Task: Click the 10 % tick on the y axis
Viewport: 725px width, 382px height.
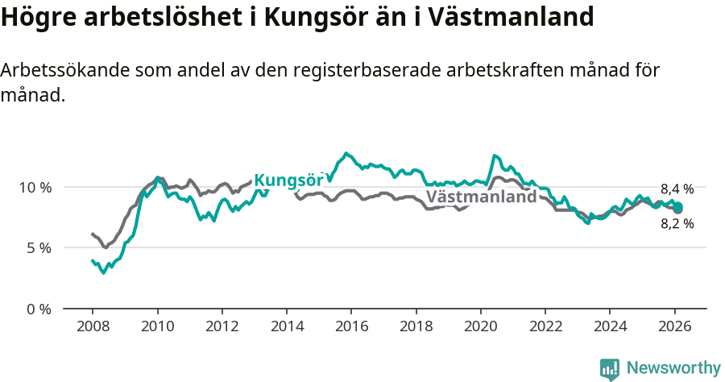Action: tap(35, 187)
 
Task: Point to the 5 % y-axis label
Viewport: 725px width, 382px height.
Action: tap(38, 248)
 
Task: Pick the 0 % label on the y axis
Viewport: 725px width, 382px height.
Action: tap(38, 309)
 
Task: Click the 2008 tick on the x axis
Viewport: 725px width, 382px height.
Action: tap(93, 326)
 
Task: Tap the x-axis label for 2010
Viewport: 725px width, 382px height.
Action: tap(157, 326)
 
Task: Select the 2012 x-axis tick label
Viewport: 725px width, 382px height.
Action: tap(222, 326)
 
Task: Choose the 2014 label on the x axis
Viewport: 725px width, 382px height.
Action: tap(287, 326)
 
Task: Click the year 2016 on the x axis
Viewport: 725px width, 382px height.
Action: tap(351, 326)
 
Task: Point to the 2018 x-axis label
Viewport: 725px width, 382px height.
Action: tap(416, 326)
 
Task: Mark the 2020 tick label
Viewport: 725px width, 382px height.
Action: tap(480, 326)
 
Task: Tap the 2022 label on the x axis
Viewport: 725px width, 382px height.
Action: tap(545, 326)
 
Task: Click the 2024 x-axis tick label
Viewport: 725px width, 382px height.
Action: tap(610, 326)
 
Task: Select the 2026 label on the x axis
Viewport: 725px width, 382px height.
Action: tap(674, 326)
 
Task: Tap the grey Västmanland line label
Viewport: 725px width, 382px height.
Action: tap(481, 197)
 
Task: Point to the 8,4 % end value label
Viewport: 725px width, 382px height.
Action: tap(677, 189)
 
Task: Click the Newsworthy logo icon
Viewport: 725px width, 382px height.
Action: tap(610, 369)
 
